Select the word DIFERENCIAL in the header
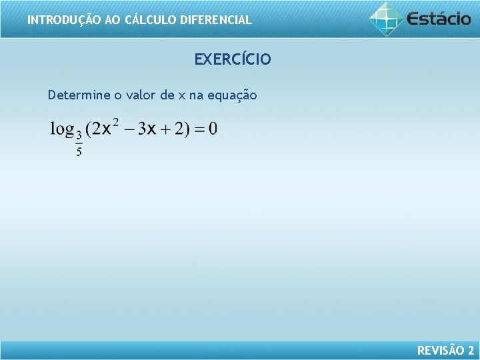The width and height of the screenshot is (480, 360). pyautogui.click(x=213, y=20)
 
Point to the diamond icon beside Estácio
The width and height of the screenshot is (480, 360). pyautogui.click(x=387, y=19)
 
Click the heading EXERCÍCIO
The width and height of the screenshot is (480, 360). pyautogui.click(x=233, y=60)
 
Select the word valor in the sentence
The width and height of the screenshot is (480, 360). pyautogui.click(x=139, y=95)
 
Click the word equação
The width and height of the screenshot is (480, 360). pyautogui.click(x=232, y=95)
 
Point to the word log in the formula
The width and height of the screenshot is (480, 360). pyautogui.click(x=62, y=129)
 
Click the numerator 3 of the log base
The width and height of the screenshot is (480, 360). pyautogui.click(x=79, y=134)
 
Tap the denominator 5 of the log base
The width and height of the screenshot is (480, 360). pyautogui.click(x=79, y=152)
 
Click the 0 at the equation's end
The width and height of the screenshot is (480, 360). pyautogui.click(x=213, y=129)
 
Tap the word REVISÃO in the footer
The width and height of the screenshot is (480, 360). pyautogui.click(x=441, y=351)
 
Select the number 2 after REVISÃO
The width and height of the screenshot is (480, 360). pyautogui.click(x=471, y=351)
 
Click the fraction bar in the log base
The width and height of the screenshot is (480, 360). pyautogui.click(x=79, y=143)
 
